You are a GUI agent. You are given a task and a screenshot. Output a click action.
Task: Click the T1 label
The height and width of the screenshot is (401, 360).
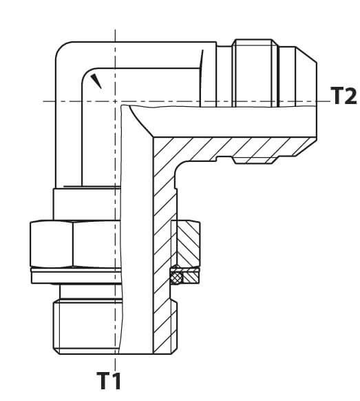coord(109,380)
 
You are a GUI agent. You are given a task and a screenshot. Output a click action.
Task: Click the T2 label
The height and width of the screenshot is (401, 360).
coord(343,95)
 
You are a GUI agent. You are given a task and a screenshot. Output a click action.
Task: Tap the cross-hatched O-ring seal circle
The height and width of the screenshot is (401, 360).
coord(176,277)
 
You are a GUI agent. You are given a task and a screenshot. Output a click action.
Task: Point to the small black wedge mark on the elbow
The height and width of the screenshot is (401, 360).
coord(96,81)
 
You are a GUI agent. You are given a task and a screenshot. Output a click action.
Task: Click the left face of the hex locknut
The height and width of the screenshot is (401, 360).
coord(52,244)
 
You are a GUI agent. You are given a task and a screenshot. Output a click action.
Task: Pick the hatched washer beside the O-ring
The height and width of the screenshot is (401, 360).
coord(191,278)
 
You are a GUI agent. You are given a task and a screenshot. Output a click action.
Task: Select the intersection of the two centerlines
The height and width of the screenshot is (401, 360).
coord(115,101)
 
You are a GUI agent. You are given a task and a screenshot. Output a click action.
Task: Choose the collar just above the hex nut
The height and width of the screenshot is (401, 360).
coord(87,205)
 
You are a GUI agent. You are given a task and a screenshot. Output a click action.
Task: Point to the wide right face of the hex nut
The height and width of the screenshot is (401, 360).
coord(97,244)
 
